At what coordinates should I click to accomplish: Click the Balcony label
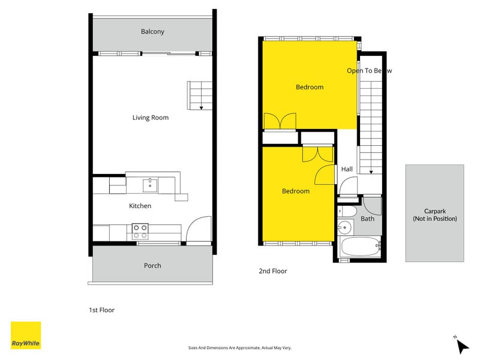[x=152, y=32]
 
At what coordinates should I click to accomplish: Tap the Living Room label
[x=151, y=118]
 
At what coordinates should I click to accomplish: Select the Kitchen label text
[x=140, y=206]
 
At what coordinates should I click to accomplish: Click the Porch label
[x=152, y=265]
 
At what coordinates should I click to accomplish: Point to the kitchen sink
[x=150, y=185]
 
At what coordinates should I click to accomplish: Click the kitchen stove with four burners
[x=140, y=232]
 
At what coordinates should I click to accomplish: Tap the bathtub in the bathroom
[x=361, y=247]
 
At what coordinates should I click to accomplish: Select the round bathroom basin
[x=345, y=227]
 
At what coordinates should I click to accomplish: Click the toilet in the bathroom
[x=347, y=211]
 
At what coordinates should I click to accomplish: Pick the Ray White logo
[x=26, y=335]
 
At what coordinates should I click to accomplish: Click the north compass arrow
[x=462, y=346]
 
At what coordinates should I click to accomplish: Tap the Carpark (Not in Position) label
[x=434, y=215]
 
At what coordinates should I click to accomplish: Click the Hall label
[x=347, y=169]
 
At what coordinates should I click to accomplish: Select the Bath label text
[x=367, y=218]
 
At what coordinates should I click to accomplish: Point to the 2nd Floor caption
[x=273, y=271]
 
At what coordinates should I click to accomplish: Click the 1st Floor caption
[x=101, y=310]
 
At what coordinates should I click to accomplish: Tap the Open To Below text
[x=369, y=71]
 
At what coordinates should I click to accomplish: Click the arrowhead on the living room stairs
[x=201, y=108]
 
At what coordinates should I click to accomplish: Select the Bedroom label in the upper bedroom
[x=310, y=87]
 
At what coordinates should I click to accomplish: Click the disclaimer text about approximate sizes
[x=239, y=348]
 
